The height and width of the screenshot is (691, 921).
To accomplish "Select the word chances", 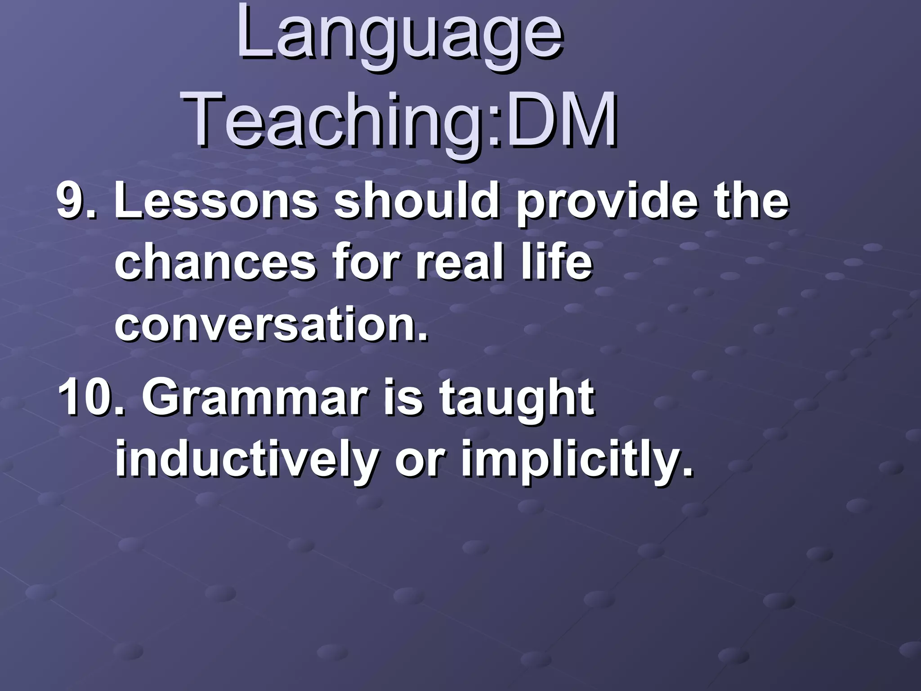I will [216, 263].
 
